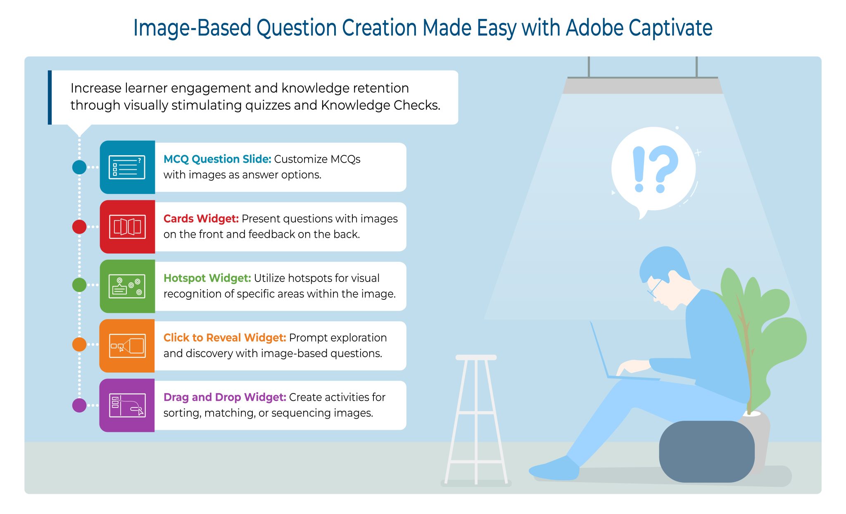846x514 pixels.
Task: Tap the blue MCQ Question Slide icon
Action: (127, 167)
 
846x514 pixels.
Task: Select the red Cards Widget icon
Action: (127, 227)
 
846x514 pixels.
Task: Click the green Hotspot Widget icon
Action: (127, 286)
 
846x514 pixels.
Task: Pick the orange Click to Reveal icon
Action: (127, 346)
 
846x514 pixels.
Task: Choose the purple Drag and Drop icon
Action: (127, 405)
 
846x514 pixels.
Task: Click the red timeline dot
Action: (79, 227)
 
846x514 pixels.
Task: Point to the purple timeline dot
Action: (79, 405)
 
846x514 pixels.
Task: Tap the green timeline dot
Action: (79, 285)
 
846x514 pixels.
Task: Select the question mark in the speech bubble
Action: (663, 167)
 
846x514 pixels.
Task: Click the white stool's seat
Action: (476, 358)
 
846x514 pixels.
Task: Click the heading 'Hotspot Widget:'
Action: (207, 278)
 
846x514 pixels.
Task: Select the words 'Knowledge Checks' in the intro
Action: (380, 105)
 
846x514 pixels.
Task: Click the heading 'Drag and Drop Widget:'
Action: (225, 397)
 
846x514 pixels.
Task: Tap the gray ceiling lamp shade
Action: (642, 86)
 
